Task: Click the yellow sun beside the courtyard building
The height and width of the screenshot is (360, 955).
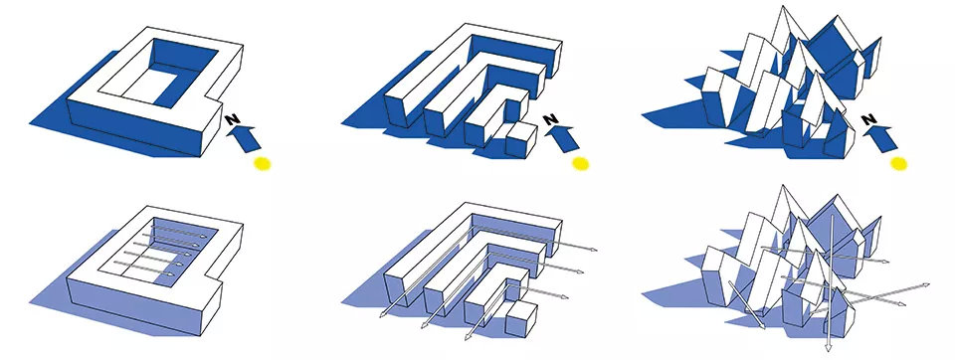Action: (x=262, y=163)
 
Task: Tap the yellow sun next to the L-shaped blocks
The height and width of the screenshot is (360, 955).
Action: (x=580, y=163)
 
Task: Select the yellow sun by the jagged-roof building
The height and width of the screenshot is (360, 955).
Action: (x=899, y=163)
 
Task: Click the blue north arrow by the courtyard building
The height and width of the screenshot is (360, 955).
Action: (x=245, y=137)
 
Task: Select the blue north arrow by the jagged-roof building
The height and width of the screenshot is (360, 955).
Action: (x=882, y=137)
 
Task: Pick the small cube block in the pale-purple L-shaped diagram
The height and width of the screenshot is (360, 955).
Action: (x=520, y=317)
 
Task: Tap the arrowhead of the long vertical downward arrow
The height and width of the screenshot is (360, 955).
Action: (x=829, y=347)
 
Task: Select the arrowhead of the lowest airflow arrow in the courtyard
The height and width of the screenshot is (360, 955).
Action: (x=171, y=274)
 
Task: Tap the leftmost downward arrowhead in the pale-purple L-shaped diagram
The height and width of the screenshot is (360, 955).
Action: (x=382, y=314)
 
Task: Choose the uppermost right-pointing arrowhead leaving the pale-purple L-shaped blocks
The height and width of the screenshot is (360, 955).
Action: (x=593, y=249)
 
